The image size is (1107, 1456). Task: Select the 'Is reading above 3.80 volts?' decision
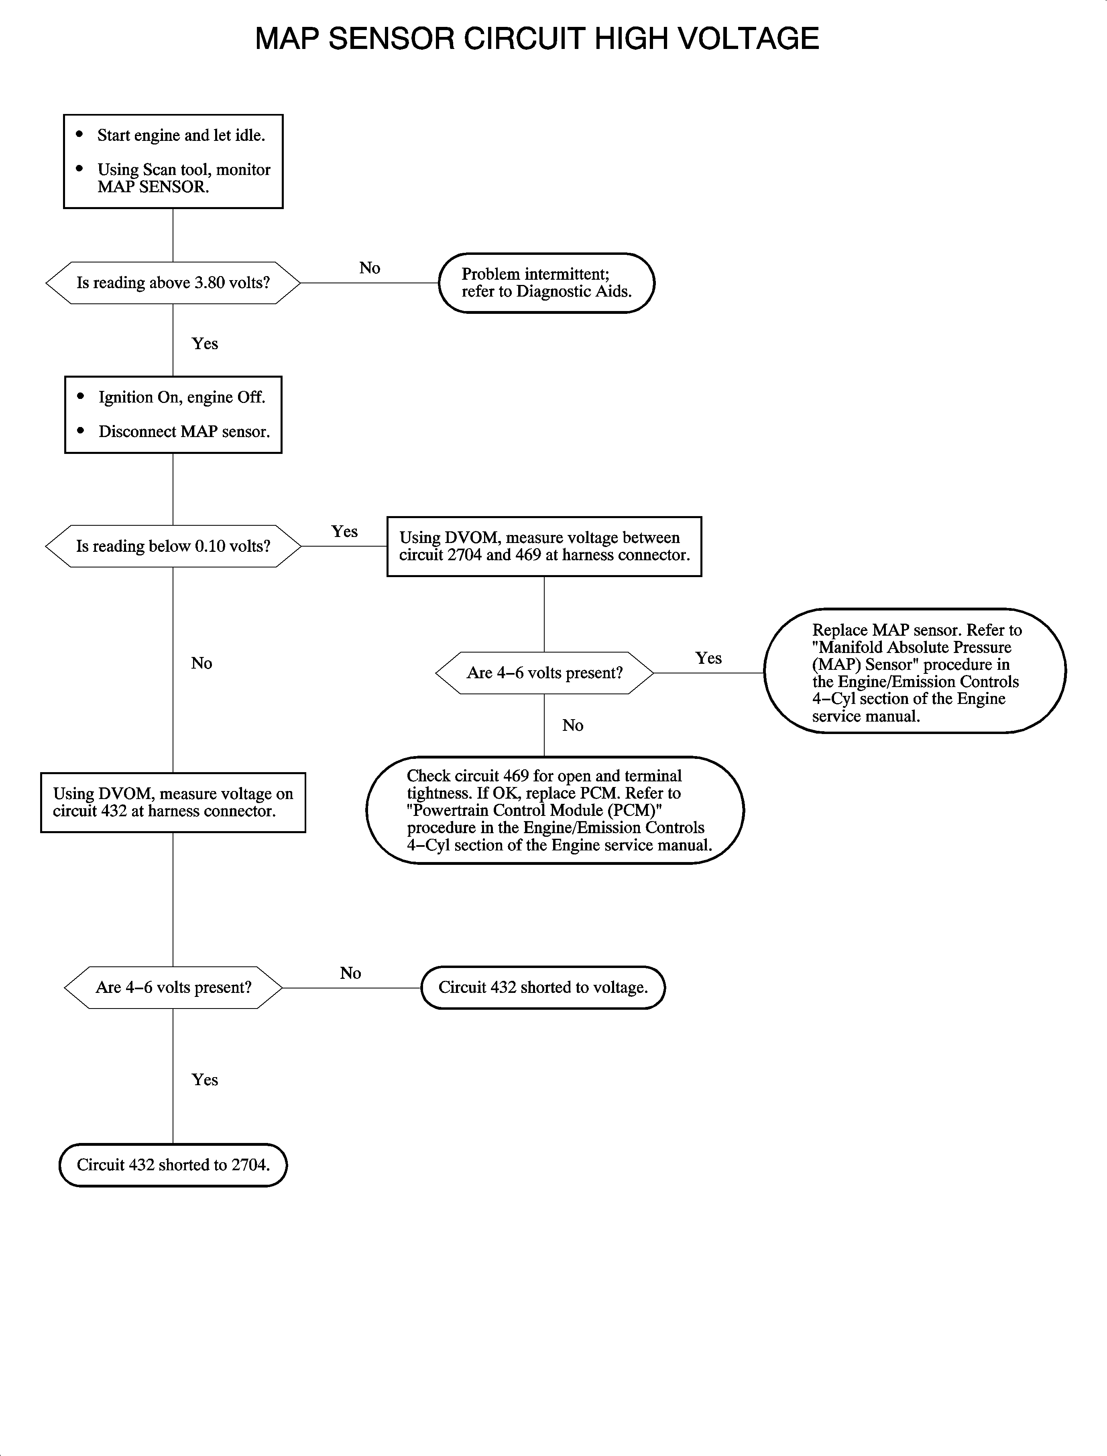pyautogui.click(x=173, y=283)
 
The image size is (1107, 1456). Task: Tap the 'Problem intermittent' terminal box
pyautogui.click(x=546, y=283)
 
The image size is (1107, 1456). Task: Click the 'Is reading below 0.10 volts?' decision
pyautogui.click(x=173, y=546)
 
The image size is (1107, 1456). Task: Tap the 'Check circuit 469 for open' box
pyautogui.click(x=555, y=810)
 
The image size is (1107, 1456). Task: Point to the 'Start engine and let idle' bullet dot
pyautogui.click(x=80, y=134)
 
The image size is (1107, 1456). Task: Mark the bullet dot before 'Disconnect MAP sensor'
pyautogui.click(x=81, y=431)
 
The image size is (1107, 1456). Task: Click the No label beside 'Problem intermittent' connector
pyautogui.click(x=370, y=268)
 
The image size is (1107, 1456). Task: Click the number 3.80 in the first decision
pyautogui.click(x=210, y=283)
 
